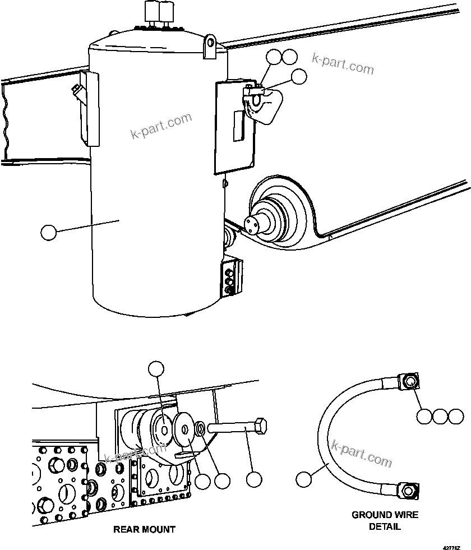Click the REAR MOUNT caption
point(144,529)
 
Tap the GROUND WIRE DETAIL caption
point(385,521)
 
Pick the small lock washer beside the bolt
point(200,430)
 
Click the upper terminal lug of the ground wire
point(408,382)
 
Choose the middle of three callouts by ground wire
point(441,416)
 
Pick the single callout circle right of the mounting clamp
point(299,77)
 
